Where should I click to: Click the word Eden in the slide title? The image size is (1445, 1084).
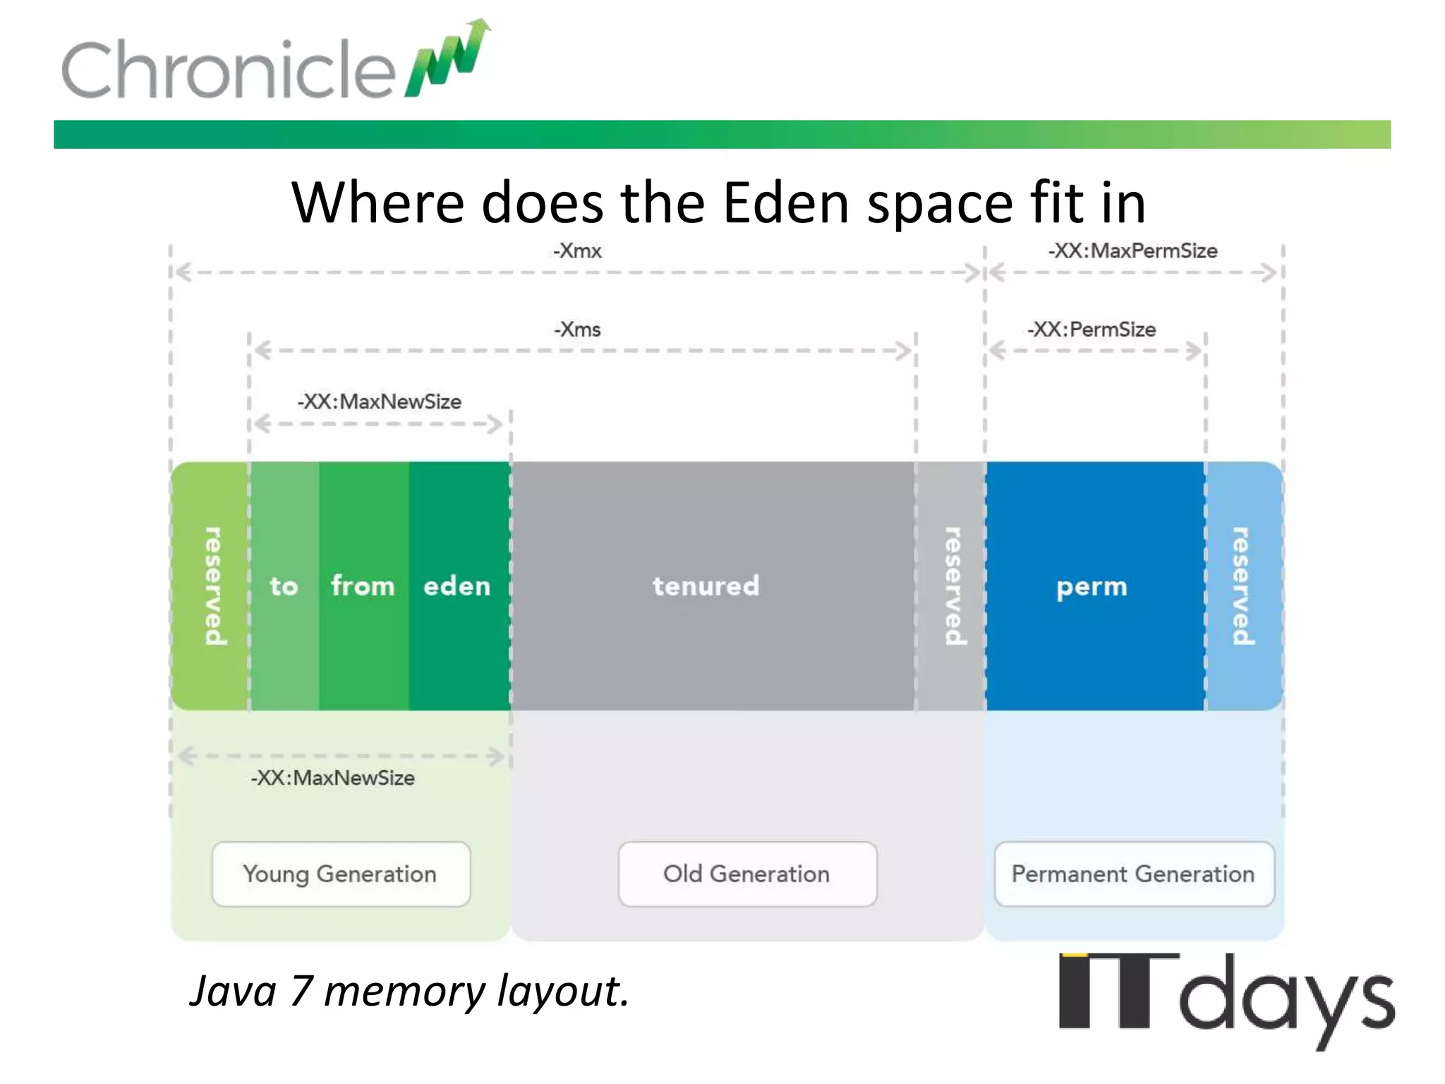pos(787,203)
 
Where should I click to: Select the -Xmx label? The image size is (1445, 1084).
pos(577,251)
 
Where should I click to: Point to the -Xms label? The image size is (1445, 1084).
pos(577,330)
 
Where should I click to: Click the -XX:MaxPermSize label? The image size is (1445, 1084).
pos(1133,251)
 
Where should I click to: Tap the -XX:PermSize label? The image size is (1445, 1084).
pos(1092,330)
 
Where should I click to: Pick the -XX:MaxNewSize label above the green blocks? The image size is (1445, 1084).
pos(380,402)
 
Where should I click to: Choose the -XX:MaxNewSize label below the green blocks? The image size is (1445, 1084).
pos(333,778)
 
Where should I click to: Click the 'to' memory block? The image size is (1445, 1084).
pos(284,586)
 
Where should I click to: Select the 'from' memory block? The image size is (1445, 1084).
pos(363,586)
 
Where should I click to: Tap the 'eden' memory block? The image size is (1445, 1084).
pos(457,586)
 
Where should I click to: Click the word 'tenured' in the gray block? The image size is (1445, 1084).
pos(706,586)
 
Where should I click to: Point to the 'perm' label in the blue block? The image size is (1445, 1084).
pos(1092,586)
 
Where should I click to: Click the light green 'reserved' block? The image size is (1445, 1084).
pos(210,586)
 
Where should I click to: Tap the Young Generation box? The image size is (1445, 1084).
pos(341,874)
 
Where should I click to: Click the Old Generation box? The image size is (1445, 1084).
pos(747,874)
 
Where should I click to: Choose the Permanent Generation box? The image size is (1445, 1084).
pos(1134,874)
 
